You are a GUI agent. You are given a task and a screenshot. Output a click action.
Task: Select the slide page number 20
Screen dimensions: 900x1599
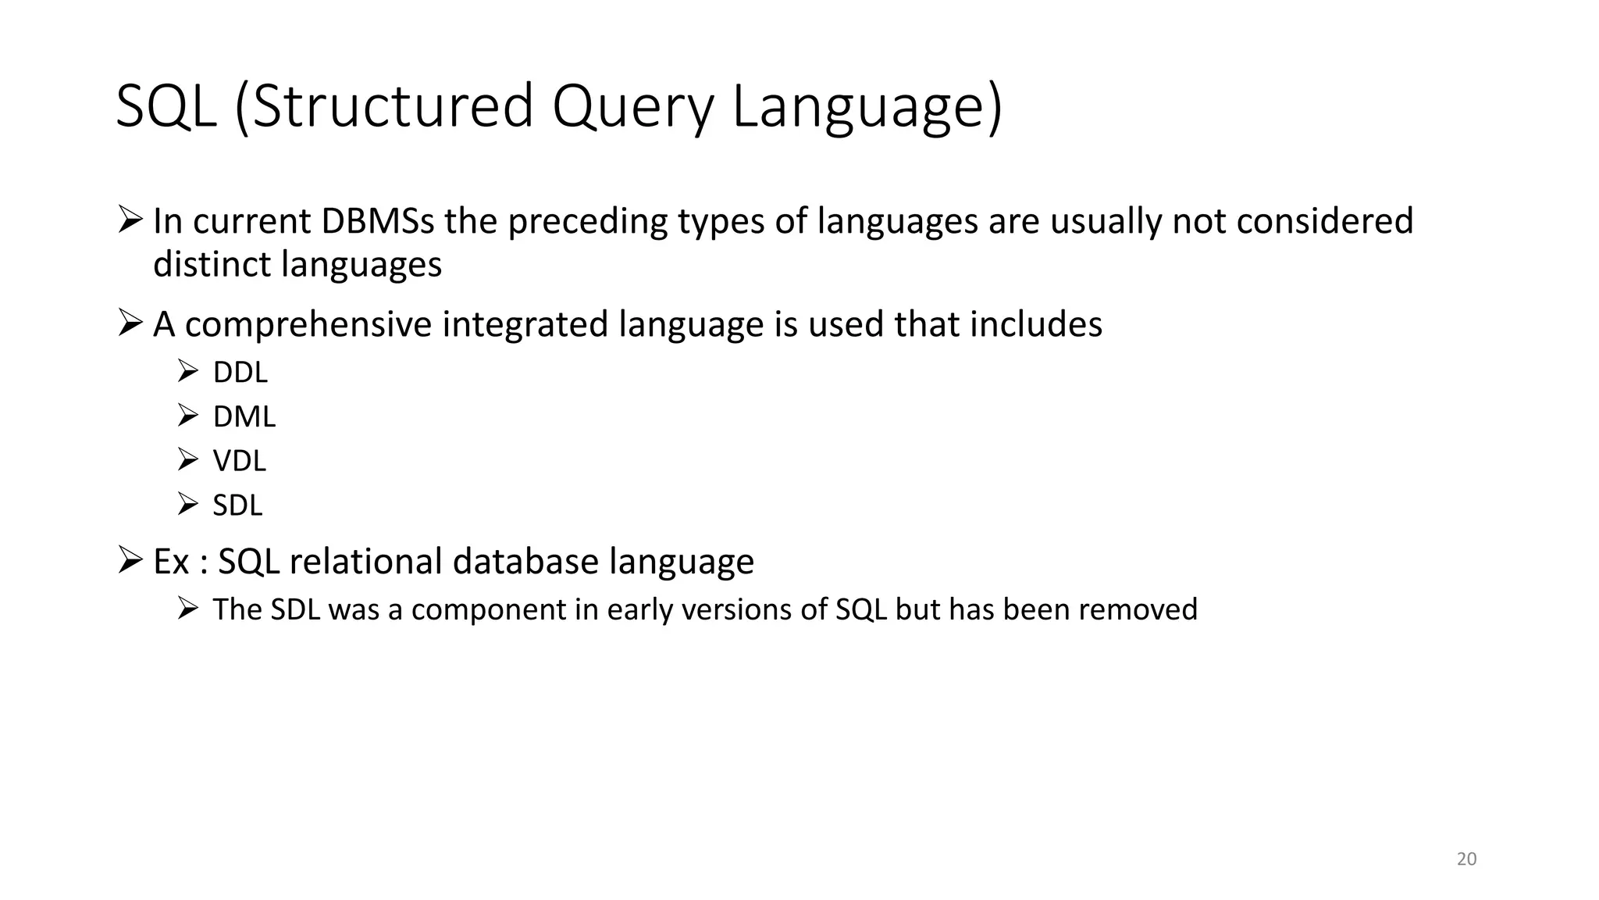1467,859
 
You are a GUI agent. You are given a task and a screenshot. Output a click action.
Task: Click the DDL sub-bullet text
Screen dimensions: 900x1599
240,373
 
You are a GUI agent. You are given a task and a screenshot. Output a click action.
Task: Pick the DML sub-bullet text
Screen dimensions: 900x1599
244,417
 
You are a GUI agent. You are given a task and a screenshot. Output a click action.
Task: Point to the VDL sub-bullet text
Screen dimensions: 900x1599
239,461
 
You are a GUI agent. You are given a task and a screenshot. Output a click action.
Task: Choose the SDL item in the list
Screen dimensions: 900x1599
237,505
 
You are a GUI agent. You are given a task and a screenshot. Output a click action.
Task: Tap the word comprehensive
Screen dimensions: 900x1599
308,324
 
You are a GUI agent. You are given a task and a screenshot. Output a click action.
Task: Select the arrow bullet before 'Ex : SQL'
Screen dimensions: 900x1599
130,560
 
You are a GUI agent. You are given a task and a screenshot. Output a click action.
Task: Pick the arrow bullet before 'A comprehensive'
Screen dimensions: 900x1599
130,323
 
